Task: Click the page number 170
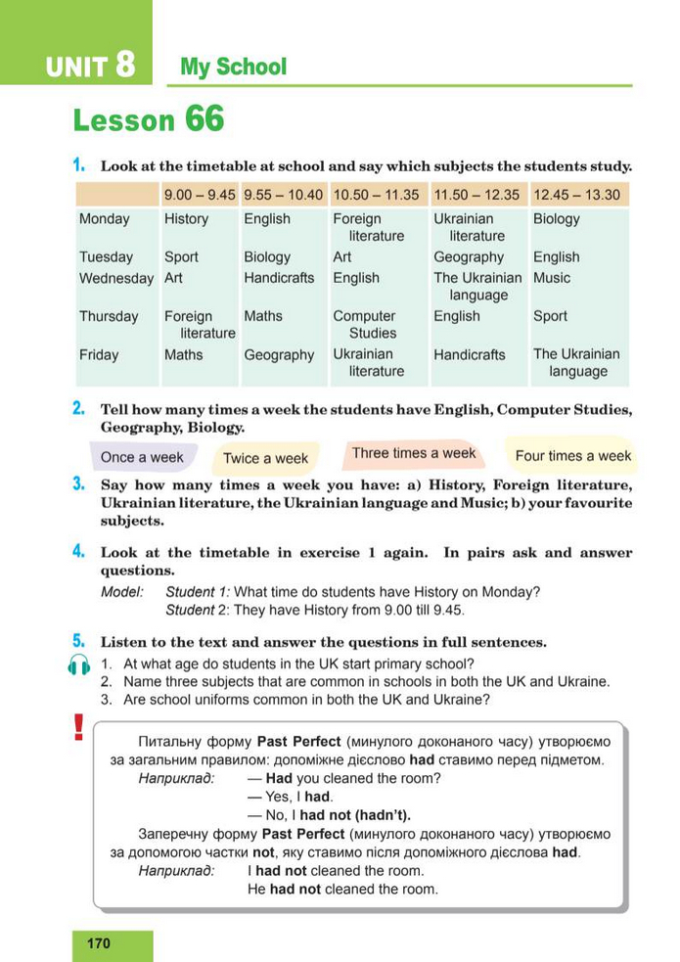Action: click(x=99, y=943)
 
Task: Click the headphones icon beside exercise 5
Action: click(x=80, y=665)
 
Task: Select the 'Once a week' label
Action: click(x=142, y=457)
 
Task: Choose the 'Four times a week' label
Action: click(x=572, y=455)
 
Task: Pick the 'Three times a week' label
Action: click(x=413, y=453)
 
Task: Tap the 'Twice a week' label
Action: click(x=265, y=458)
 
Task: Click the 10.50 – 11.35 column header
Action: click(x=376, y=195)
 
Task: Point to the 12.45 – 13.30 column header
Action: click(x=576, y=195)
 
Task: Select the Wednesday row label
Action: click(x=115, y=278)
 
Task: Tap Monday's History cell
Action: click(x=186, y=219)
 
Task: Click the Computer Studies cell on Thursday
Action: click(x=364, y=324)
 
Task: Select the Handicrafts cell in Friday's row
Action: click(x=470, y=354)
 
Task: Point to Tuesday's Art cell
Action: click(x=342, y=256)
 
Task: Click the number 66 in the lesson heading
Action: click(x=204, y=120)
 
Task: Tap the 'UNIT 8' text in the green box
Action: click(x=89, y=67)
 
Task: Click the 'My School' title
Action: click(x=233, y=68)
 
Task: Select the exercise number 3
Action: click(x=77, y=483)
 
